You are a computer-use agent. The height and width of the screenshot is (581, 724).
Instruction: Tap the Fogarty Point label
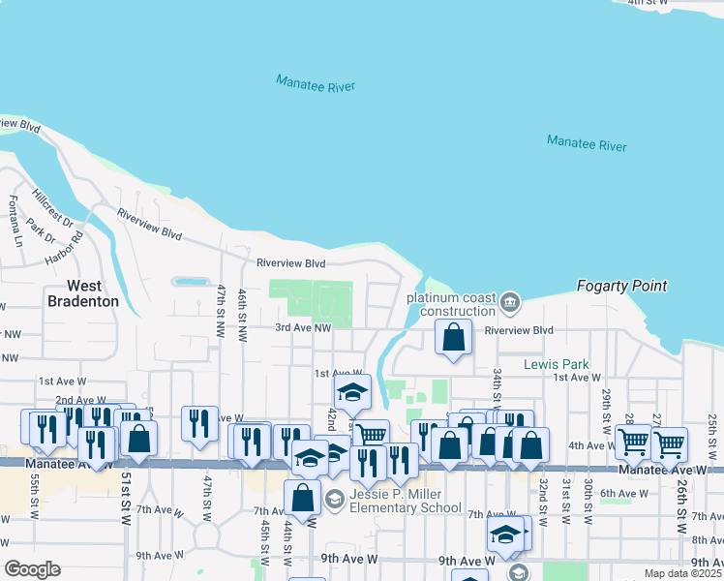621,286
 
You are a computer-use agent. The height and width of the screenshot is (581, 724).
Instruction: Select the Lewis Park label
556,365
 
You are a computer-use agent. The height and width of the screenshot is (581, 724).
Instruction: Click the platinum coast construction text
450,305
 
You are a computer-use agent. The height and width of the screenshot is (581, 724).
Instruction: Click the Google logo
32,568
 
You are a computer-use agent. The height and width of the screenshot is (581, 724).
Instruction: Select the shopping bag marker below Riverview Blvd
453,338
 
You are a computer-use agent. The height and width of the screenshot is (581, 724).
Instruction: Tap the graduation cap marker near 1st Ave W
352,393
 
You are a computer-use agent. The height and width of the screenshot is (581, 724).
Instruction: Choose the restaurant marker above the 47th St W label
199,422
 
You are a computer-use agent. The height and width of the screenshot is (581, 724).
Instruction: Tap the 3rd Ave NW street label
303,328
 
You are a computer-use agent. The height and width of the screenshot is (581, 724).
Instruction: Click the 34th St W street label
498,385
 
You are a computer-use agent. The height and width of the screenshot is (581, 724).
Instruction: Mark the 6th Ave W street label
622,494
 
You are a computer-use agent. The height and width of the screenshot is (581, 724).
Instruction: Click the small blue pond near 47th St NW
191,282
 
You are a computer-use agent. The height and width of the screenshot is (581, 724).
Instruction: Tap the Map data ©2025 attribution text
683,574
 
